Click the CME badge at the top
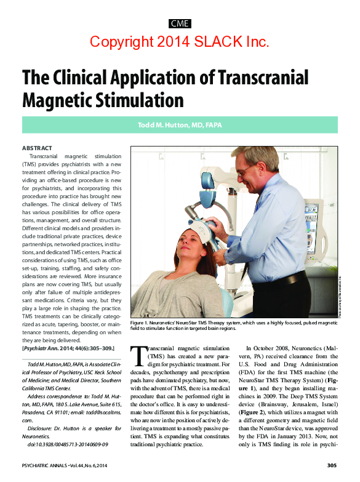click(180, 24)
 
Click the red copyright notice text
click(180, 42)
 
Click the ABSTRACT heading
click(37, 148)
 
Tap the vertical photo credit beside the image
click(338, 298)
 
